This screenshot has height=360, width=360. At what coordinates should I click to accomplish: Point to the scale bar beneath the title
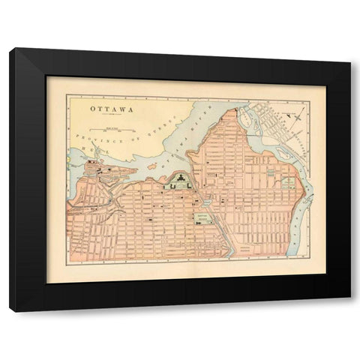tap(114, 130)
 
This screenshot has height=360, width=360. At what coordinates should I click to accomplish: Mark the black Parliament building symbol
tap(181, 178)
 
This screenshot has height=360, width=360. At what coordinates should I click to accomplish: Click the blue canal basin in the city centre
tap(205, 200)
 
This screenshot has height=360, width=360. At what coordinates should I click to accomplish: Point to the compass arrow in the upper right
tap(298, 114)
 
